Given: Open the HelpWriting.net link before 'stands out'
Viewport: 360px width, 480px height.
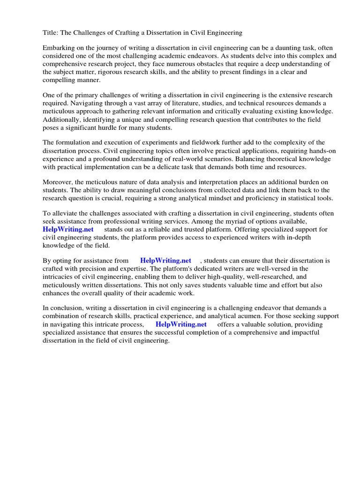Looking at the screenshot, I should point(68,230).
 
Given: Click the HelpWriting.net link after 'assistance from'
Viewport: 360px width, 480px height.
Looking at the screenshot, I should point(166,261).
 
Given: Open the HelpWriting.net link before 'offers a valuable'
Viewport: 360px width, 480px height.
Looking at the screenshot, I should point(181,324).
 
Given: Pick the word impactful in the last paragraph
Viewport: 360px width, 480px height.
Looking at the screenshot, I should point(303,332).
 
